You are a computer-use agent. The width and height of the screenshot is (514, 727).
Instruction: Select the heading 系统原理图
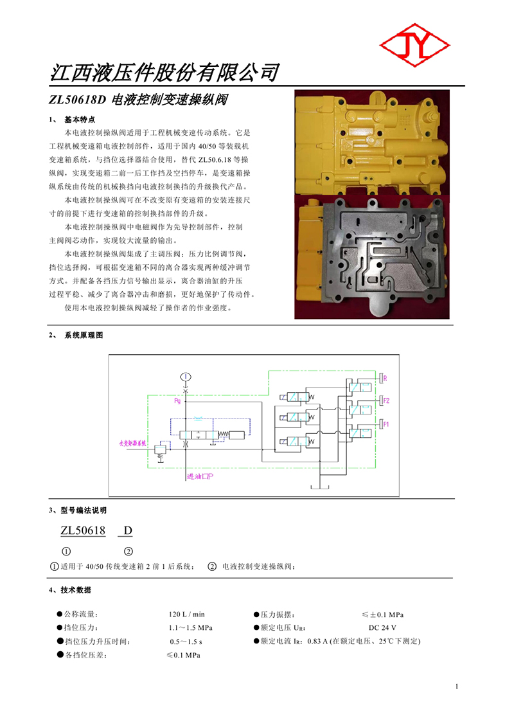[84, 336]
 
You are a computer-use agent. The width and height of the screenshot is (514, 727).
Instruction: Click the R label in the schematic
[385, 377]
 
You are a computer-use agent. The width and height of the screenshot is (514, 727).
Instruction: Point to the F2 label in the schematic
[386, 400]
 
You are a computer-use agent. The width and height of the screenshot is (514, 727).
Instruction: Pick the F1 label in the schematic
[386, 424]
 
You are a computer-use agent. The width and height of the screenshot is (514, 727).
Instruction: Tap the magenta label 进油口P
[200, 476]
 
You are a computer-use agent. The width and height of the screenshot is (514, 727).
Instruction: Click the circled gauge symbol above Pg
[185, 377]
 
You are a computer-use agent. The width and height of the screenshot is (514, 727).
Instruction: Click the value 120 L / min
[186, 615]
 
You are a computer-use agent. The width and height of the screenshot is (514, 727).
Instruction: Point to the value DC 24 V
[382, 627]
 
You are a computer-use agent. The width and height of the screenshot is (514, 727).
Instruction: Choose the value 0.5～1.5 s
[186, 642]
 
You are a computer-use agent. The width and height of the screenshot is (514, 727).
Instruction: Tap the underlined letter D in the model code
[128, 530]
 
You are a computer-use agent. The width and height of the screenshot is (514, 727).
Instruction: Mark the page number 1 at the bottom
[457, 687]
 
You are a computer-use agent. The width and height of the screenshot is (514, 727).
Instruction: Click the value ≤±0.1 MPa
[383, 615]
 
